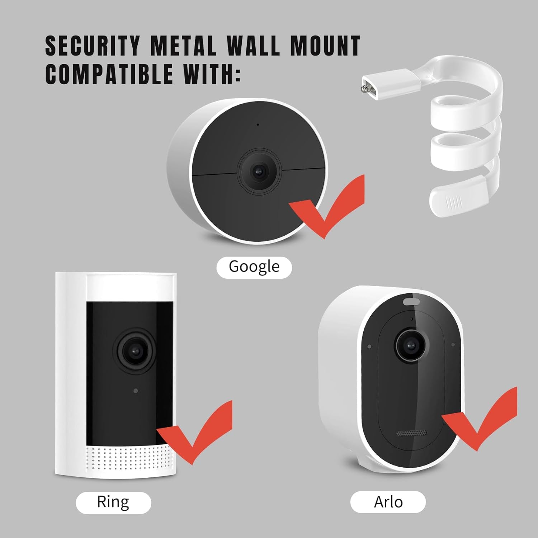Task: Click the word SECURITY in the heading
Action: pyautogui.click(x=92, y=46)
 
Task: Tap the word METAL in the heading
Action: pyautogui.click(x=183, y=46)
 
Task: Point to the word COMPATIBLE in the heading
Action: pyautogui.click(x=109, y=74)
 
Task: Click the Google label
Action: pyautogui.click(x=254, y=267)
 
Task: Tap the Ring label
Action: pyautogui.click(x=113, y=502)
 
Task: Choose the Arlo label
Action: pyautogui.click(x=388, y=502)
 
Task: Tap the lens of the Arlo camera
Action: pyautogui.click(x=411, y=345)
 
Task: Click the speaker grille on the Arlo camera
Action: pyautogui.click(x=411, y=433)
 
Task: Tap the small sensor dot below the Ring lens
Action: pyautogui.click(x=136, y=391)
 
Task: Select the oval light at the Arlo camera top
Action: pyautogui.click(x=411, y=301)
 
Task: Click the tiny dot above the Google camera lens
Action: pyautogui.click(x=258, y=125)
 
